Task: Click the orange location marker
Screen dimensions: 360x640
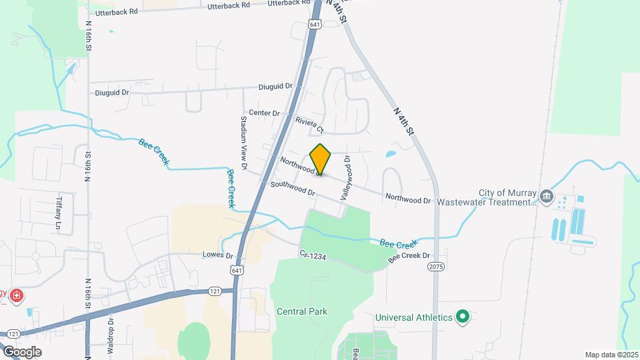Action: coord(321,159)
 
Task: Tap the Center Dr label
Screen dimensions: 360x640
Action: coord(264,113)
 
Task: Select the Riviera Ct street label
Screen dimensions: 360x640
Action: coord(309,125)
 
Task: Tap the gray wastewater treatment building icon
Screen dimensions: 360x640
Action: coord(547,196)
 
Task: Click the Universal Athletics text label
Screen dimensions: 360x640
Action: coord(413,317)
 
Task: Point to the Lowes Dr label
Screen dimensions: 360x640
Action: coord(218,255)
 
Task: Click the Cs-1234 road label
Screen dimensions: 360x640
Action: coord(312,255)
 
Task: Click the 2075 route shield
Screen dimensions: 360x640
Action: coord(435,266)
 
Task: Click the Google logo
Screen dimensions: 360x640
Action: coord(22,351)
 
